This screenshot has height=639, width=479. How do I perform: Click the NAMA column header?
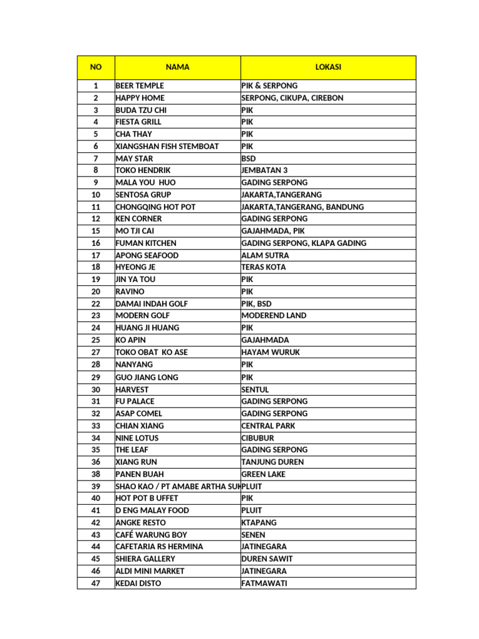pyautogui.click(x=178, y=67)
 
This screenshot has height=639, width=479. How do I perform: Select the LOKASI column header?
pyautogui.click(x=328, y=67)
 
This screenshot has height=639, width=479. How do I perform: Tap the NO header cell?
pyautogui.click(x=95, y=67)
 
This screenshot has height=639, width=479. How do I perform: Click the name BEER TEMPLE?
pyautogui.click(x=140, y=85)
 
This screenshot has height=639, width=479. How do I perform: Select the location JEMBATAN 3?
pyautogui.click(x=264, y=170)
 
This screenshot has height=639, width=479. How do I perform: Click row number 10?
pyautogui.click(x=95, y=195)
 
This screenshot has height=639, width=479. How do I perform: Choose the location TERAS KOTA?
pyautogui.click(x=264, y=267)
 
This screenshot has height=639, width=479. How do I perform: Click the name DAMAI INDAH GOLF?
pyautogui.click(x=152, y=304)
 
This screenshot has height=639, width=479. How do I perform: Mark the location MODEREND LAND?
pyautogui.click(x=274, y=316)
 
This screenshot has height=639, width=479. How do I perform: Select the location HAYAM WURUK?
pyautogui.click(x=270, y=353)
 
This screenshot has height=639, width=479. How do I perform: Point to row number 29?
pyautogui.click(x=95, y=377)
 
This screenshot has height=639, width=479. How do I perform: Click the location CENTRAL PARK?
pyautogui.click(x=268, y=426)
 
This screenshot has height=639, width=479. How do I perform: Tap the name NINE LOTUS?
pyautogui.click(x=137, y=438)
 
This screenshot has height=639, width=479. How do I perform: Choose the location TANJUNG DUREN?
pyautogui.click(x=273, y=462)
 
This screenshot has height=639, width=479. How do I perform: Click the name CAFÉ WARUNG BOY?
pyautogui.click(x=151, y=535)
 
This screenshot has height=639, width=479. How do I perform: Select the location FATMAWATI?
pyautogui.click(x=264, y=583)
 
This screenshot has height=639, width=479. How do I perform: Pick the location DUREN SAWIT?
pyautogui.click(x=266, y=559)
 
